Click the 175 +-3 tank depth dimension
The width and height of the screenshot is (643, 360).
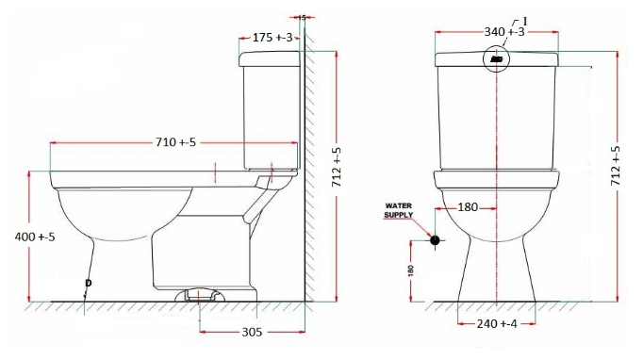(275, 37)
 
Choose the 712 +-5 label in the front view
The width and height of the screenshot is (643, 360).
(617, 168)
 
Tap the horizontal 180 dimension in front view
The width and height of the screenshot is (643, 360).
(467, 207)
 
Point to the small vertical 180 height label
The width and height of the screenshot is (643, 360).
(410, 270)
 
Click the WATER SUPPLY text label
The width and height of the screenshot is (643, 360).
(399, 210)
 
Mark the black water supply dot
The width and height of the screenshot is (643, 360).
(435, 240)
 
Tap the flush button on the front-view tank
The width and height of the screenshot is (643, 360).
(497, 60)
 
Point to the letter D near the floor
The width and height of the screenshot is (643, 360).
(88, 282)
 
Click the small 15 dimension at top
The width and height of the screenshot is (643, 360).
(301, 17)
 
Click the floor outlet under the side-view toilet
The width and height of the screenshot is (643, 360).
(201, 295)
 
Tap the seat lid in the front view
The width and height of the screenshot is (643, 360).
(496, 178)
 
